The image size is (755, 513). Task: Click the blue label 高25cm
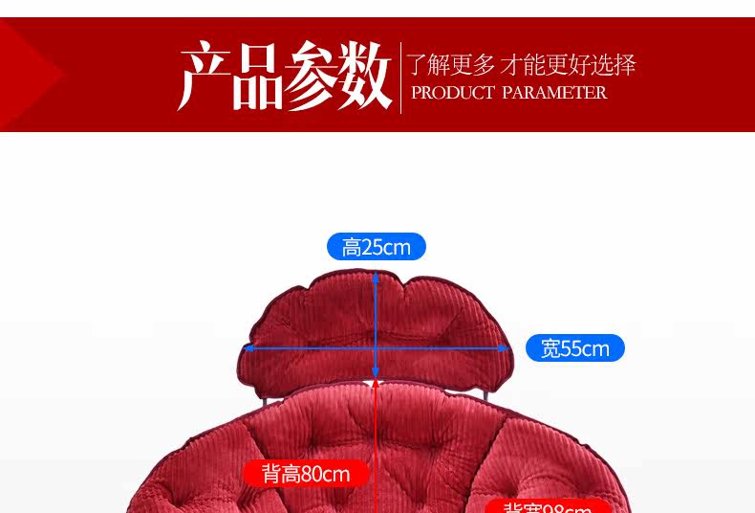376,247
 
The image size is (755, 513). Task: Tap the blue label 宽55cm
574,348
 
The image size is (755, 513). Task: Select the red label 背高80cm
306,474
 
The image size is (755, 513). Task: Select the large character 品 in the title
257,76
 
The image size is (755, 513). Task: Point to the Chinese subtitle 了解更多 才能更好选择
521,65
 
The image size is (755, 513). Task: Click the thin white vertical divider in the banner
400,77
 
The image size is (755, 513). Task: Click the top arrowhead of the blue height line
376,277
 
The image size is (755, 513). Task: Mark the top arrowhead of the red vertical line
377,386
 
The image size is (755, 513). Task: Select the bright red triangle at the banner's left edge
29,75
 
